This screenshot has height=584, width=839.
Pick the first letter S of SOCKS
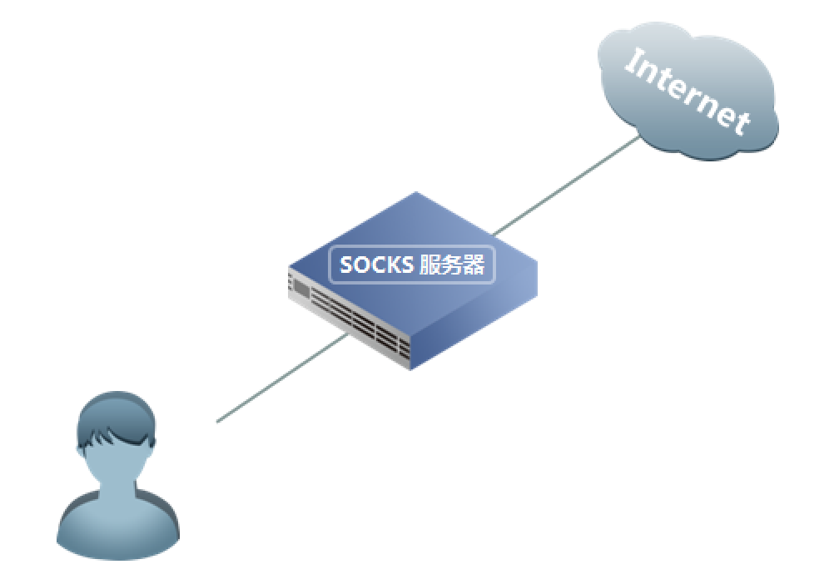347,265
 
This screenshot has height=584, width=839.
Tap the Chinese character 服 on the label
429,265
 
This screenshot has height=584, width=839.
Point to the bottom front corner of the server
411,369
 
